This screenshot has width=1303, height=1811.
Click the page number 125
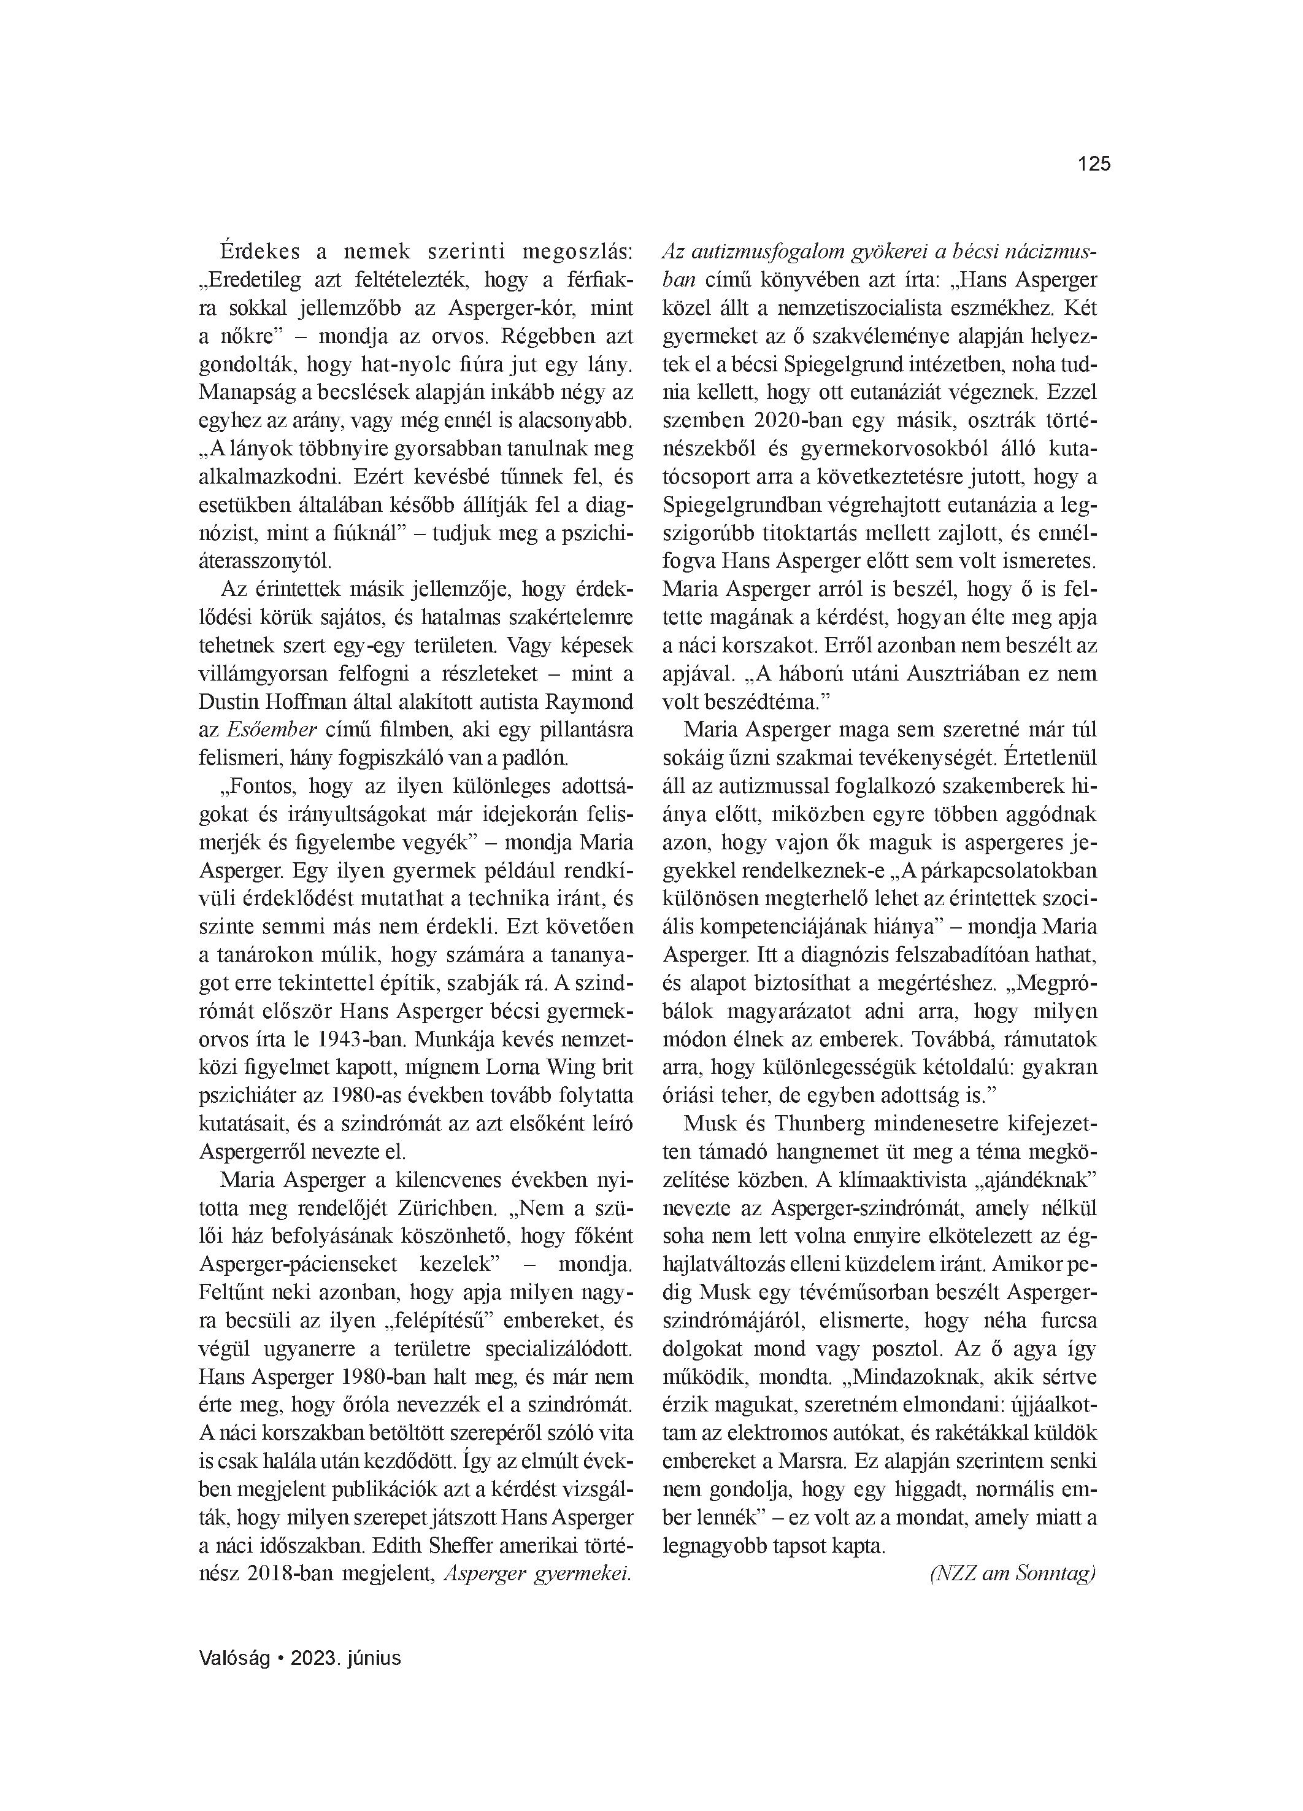click(1094, 164)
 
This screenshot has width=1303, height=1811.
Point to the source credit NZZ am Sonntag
click(1012, 1573)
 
